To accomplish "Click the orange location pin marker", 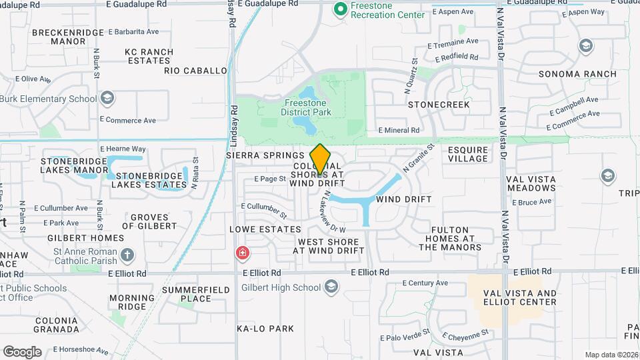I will pyautogui.click(x=320, y=159).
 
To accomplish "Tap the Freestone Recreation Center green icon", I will pyautogui.click(x=340, y=9).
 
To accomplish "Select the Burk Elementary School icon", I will pyautogui.click(x=107, y=99).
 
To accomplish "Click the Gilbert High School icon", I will pyautogui.click(x=331, y=288).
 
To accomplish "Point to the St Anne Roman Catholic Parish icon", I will pyautogui.click(x=127, y=255).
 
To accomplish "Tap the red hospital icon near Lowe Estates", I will pyautogui.click(x=241, y=253).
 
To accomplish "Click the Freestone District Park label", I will pyautogui.click(x=308, y=108).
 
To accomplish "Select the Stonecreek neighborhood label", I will pyautogui.click(x=439, y=105).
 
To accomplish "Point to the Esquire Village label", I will pyautogui.click(x=468, y=155).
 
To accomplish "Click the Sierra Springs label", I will pyautogui.click(x=265, y=155).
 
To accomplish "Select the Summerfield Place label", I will pyautogui.click(x=196, y=294).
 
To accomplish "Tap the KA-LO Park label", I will pyautogui.click(x=265, y=329).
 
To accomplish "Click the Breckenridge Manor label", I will pyautogui.click(x=68, y=37).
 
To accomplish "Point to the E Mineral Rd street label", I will pyautogui.click(x=399, y=131).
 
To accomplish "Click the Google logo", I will pyautogui.click(x=22, y=351).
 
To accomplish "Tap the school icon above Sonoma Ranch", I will pyautogui.click(x=586, y=46).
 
